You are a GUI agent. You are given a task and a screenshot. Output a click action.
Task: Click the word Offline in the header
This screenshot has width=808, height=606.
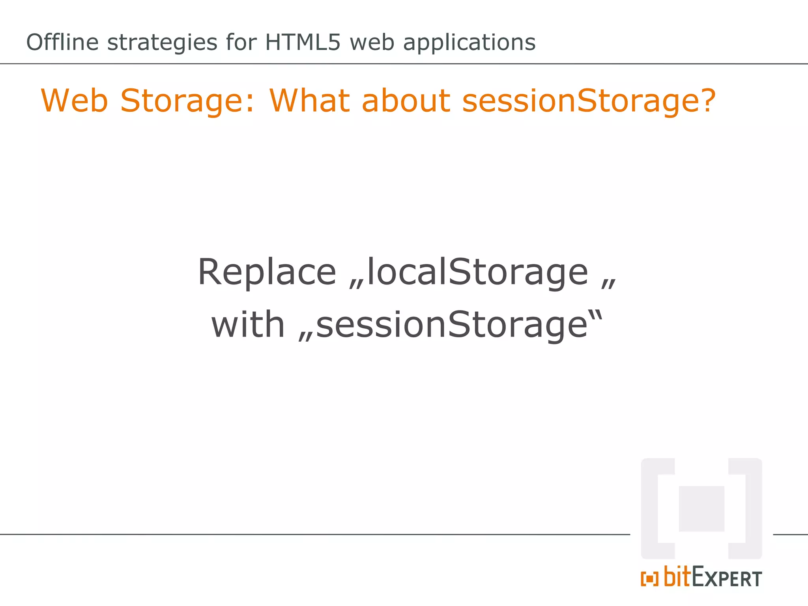coord(62,42)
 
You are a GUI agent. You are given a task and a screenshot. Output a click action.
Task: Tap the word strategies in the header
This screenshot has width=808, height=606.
coord(162,43)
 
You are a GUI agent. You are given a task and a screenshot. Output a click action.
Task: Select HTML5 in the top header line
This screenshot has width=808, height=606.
coord(302,42)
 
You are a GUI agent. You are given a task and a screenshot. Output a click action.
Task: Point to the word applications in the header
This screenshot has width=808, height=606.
coord(469,43)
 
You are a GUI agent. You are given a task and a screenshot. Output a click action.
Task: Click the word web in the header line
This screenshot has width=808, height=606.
coord(372,42)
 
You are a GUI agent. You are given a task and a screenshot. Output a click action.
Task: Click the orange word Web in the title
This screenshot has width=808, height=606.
coord(74,101)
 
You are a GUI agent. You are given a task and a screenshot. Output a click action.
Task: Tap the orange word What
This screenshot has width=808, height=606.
coord(310,101)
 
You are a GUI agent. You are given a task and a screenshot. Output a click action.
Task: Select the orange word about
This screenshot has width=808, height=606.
coord(406,101)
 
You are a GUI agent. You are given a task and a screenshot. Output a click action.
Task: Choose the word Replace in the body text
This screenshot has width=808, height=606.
coord(267,272)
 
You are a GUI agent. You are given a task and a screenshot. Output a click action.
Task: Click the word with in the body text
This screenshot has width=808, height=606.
coord(248,325)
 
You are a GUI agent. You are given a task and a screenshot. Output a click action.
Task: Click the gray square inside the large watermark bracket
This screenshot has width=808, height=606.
coord(701,509)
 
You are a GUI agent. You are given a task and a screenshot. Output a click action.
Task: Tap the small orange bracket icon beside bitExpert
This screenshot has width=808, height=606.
coord(649,579)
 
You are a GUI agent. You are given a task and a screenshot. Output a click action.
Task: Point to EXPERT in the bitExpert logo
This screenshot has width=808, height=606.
coord(727,578)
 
